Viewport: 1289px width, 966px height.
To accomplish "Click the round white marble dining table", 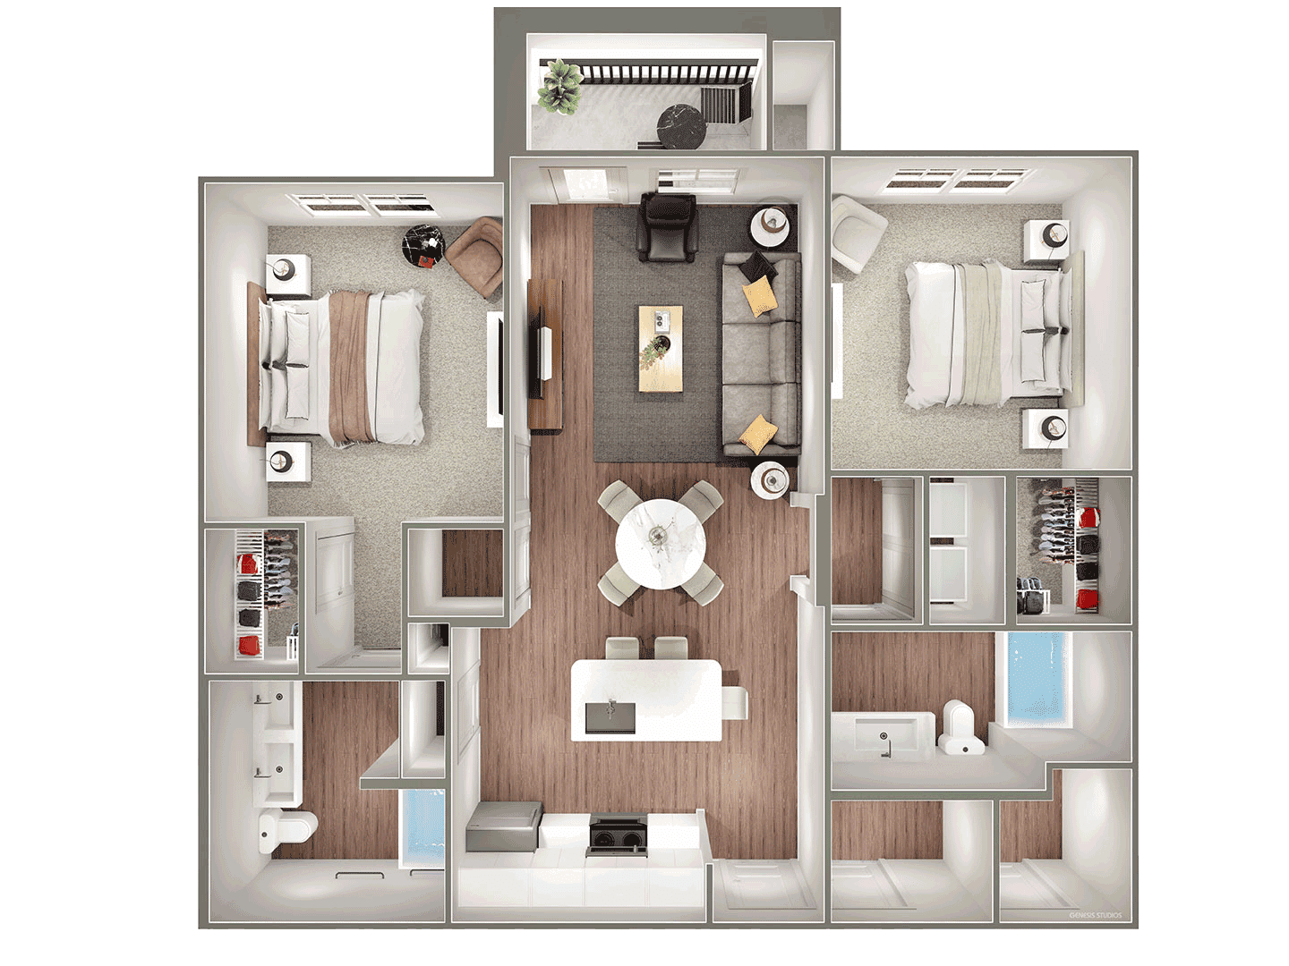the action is tap(660, 544).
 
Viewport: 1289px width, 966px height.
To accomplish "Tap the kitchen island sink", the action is tap(610, 716).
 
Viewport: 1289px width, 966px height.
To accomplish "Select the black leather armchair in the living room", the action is tap(668, 226).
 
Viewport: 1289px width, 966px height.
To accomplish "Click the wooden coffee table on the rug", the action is tap(661, 348).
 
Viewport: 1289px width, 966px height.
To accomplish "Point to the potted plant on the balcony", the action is tap(559, 87).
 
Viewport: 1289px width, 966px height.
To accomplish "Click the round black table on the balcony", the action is tap(681, 127).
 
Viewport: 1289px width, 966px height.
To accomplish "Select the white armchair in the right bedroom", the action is tap(858, 233).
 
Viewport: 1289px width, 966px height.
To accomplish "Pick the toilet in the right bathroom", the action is tap(960, 726).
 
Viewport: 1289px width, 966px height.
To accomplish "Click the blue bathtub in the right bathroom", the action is tap(1037, 679).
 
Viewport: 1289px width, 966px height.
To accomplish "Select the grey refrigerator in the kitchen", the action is tap(503, 826).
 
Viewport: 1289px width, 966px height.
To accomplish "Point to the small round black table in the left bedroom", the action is tap(423, 244).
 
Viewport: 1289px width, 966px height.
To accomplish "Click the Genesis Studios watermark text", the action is tap(1096, 915).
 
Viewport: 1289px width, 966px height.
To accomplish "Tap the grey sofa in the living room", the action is tap(761, 353).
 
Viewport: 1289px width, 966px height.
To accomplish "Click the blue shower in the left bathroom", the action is tap(423, 828).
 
